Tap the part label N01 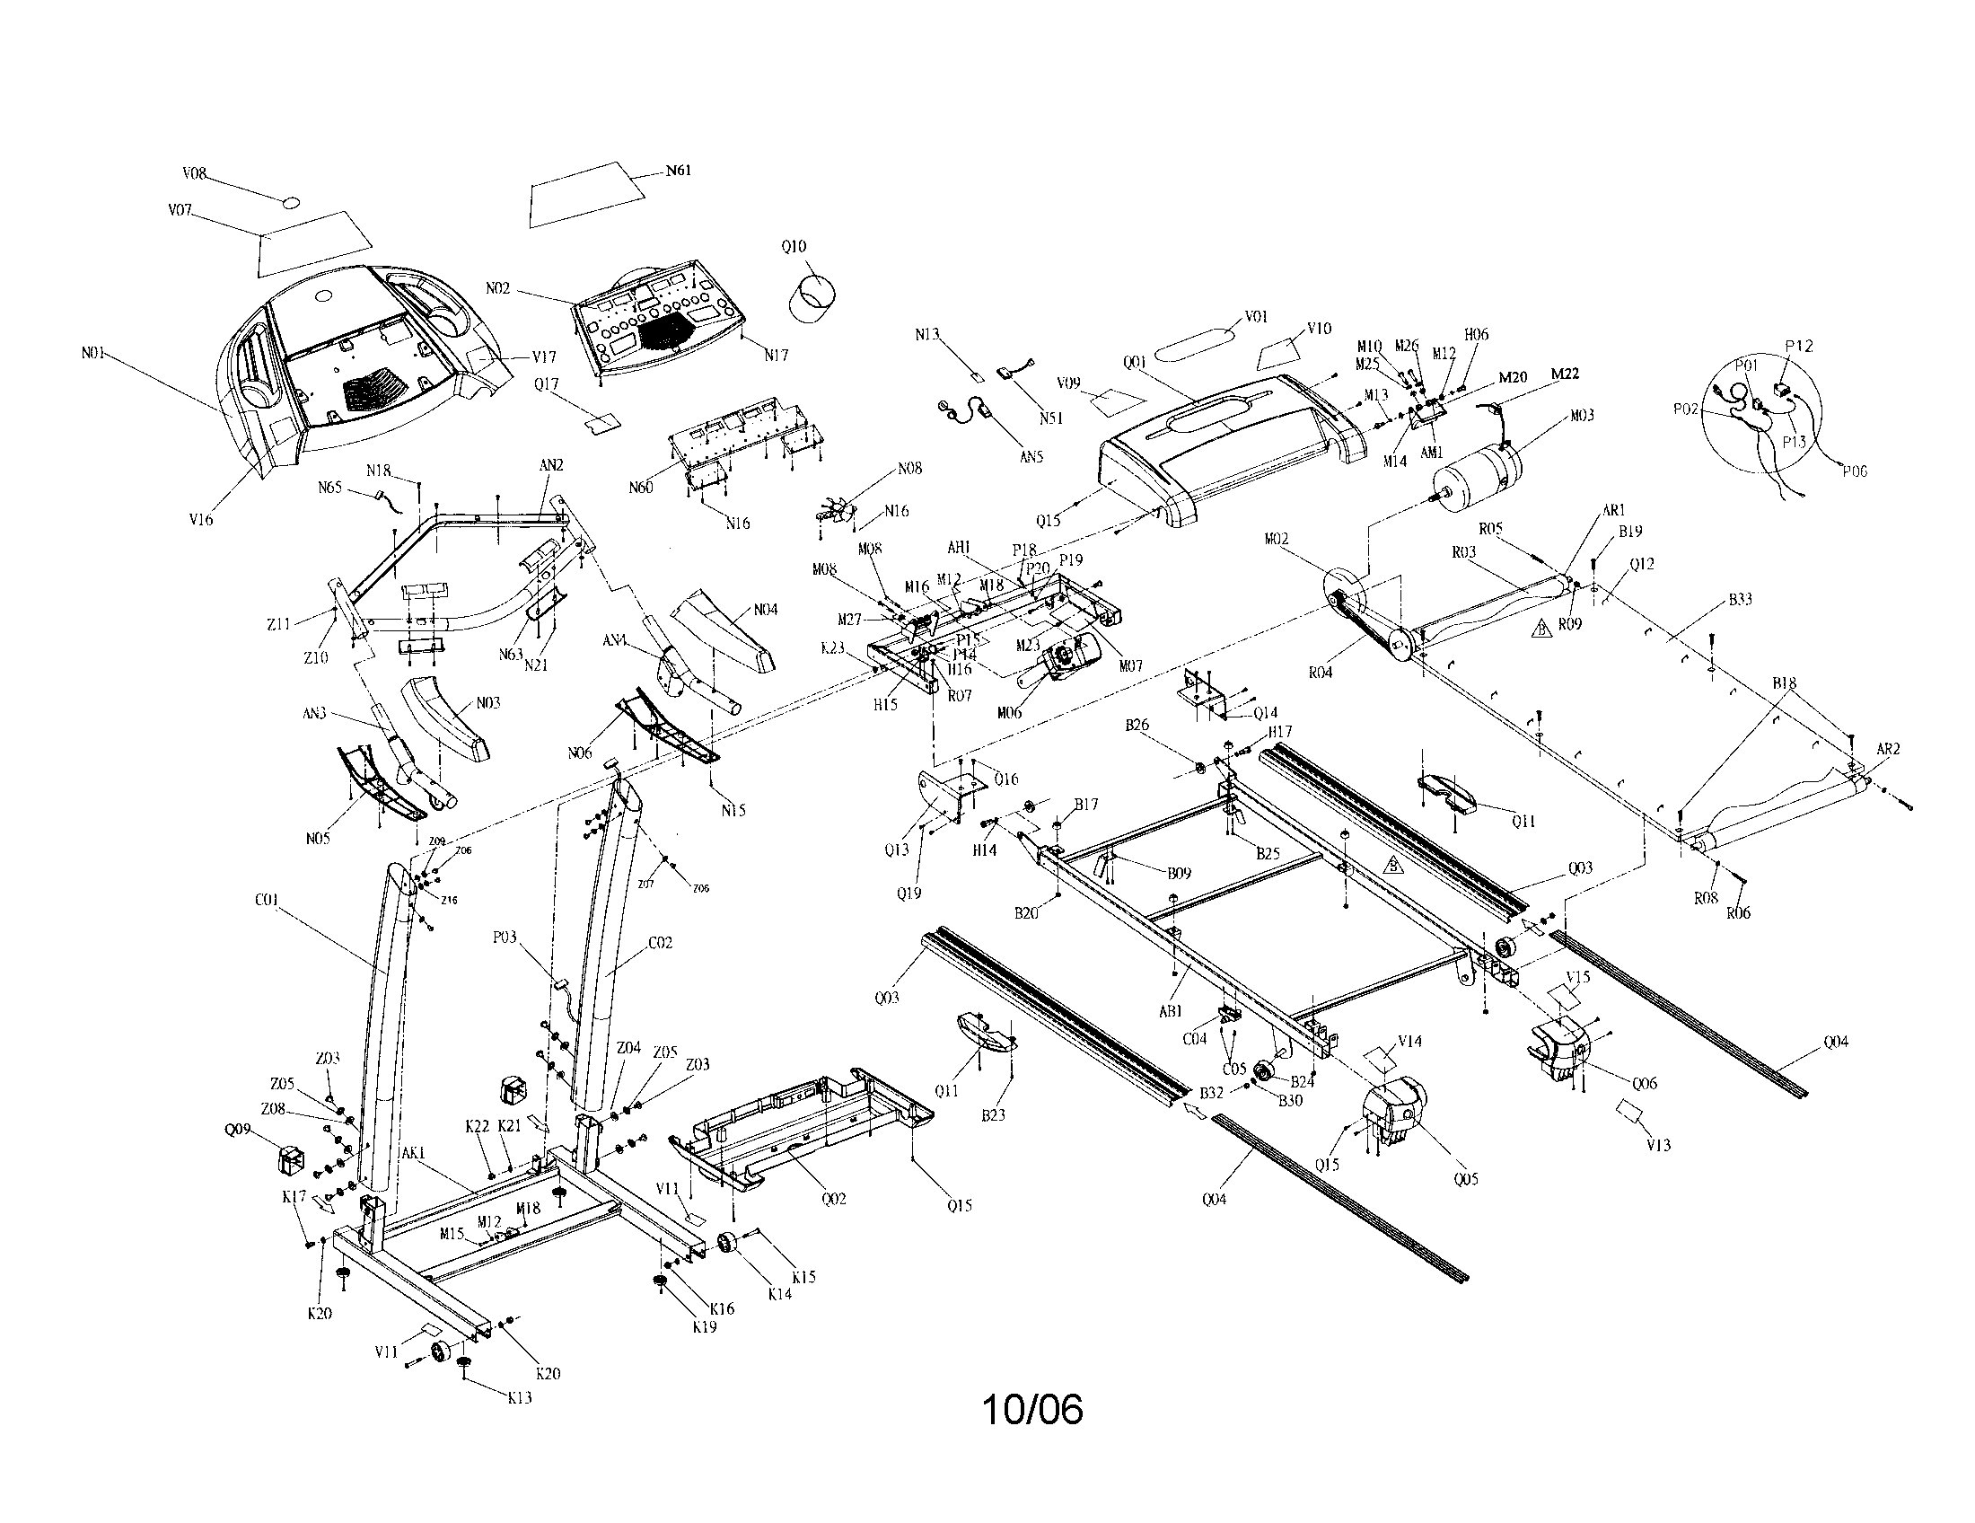pyautogui.click(x=93, y=354)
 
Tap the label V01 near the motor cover pyautogui.click(x=1256, y=316)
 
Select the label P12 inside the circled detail pyautogui.click(x=1798, y=347)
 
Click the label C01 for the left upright pyautogui.click(x=267, y=901)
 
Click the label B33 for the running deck pyautogui.click(x=1740, y=600)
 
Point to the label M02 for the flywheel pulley pyautogui.click(x=1276, y=539)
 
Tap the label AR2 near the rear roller pyautogui.click(x=1888, y=750)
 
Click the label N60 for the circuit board pyautogui.click(x=640, y=489)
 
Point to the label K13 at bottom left pyautogui.click(x=519, y=1397)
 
